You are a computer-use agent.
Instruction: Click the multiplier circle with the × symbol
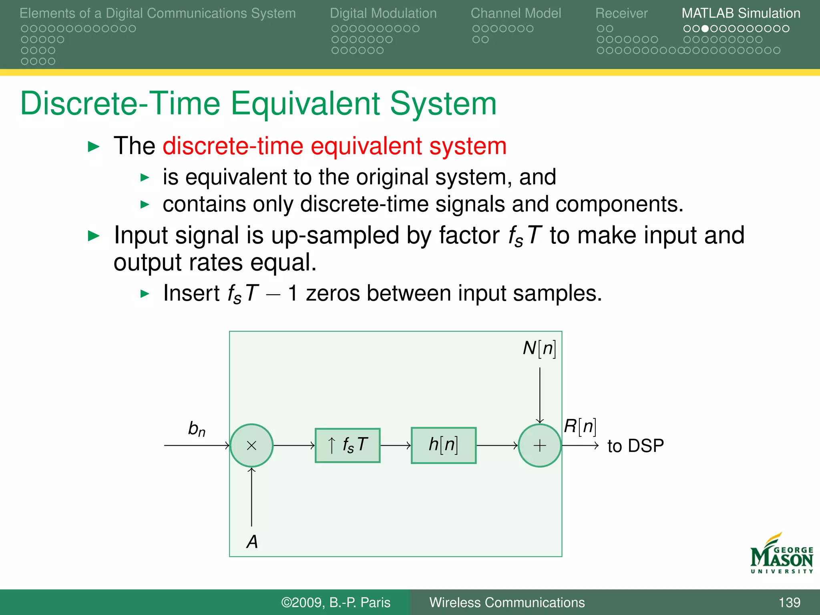[251, 445]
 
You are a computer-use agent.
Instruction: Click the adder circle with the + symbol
[539, 445]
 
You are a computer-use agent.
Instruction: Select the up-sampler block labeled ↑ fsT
[348, 445]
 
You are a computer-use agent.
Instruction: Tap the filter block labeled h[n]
[444, 445]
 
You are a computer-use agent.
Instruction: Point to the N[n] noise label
[539, 348]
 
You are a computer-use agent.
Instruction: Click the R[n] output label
[580, 426]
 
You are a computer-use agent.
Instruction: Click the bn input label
[197, 429]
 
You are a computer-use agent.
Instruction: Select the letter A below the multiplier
[252, 542]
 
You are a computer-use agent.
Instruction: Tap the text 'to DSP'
[635, 446]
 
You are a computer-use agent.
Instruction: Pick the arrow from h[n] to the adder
[497, 445]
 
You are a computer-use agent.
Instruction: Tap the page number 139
[789, 602]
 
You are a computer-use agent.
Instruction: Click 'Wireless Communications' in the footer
[507, 602]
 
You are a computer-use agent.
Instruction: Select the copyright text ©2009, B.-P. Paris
[336, 602]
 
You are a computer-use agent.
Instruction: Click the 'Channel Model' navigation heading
[516, 13]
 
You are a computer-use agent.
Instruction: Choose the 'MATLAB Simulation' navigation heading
[741, 13]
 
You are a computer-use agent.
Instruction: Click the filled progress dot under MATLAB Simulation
[705, 29]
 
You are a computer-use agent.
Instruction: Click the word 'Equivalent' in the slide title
[305, 104]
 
